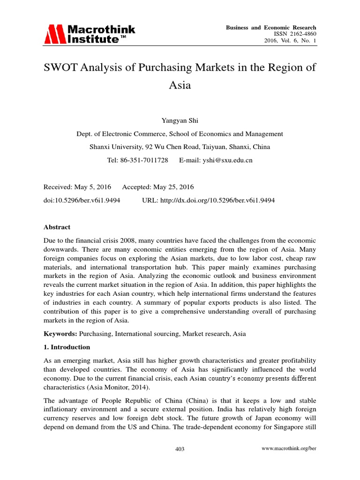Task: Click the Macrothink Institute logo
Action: pyautogui.click(x=89, y=34)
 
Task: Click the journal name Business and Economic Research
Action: pyautogui.click(x=271, y=28)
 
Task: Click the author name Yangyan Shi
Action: pyautogui.click(x=180, y=121)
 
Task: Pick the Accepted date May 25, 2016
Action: pyautogui.click(x=174, y=187)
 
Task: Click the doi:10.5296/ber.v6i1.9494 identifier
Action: pyautogui.click(x=82, y=200)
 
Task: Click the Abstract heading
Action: pyautogui.click(x=57, y=227)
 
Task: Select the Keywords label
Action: pyautogui.click(x=60, y=334)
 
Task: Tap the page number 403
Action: pyautogui.click(x=180, y=449)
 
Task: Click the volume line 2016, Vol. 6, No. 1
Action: pyautogui.click(x=291, y=41)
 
